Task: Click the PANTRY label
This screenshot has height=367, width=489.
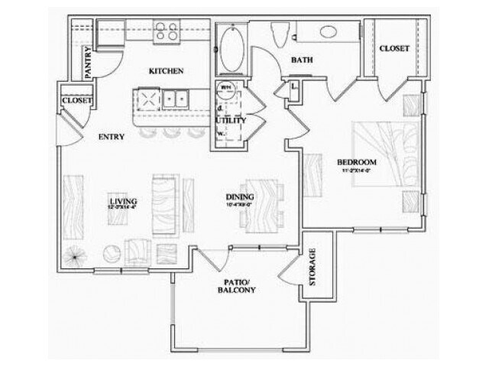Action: click(89, 63)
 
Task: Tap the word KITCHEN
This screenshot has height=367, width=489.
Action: click(166, 71)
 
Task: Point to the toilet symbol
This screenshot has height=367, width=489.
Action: click(280, 31)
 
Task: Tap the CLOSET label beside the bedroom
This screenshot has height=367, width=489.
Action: click(393, 48)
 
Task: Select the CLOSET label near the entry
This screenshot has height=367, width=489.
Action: click(76, 100)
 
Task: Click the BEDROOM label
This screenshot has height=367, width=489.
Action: click(358, 162)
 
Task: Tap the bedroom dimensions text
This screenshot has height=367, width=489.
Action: click(358, 171)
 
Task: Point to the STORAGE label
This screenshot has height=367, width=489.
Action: click(312, 268)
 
